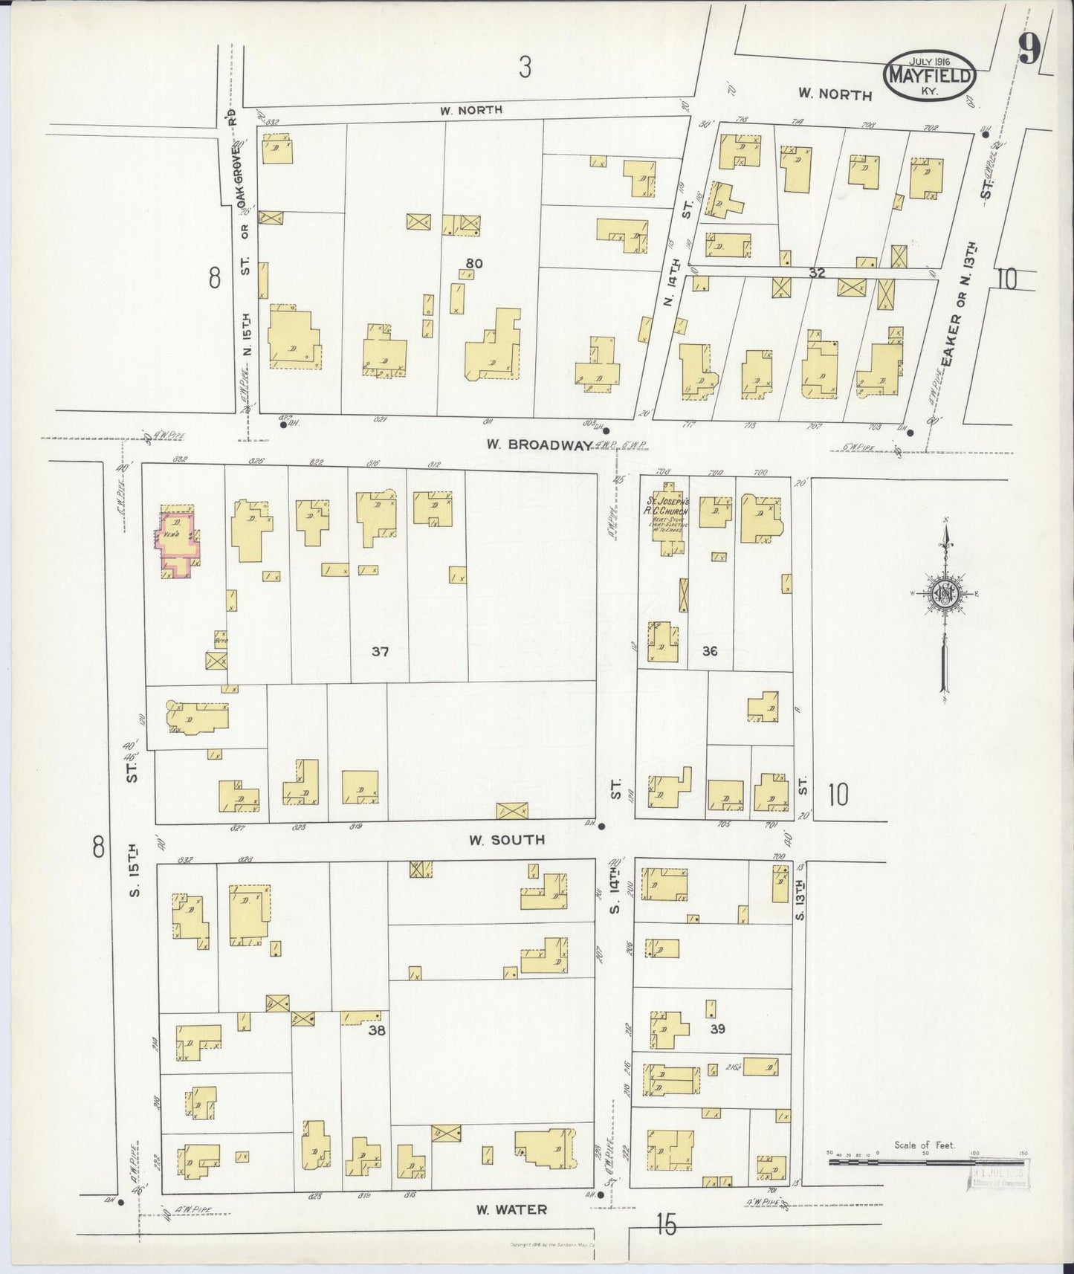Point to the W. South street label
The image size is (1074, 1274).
tap(507, 840)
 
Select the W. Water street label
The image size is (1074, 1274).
tap(511, 1210)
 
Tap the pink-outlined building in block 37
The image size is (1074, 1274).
tap(176, 541)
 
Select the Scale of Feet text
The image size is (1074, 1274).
tap(925, 1166)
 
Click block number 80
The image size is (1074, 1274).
tap(475, 262)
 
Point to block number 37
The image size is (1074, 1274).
tap(381, 652)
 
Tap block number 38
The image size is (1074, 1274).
tap(377, 1031)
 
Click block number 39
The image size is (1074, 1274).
tap(716, 1029)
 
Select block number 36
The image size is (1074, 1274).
tap(709, 651)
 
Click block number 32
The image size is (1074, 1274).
tap(817, 273)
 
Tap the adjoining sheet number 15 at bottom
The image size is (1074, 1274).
tap(666, 1225)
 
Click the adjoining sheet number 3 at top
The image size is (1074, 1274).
tap(525, 68)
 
